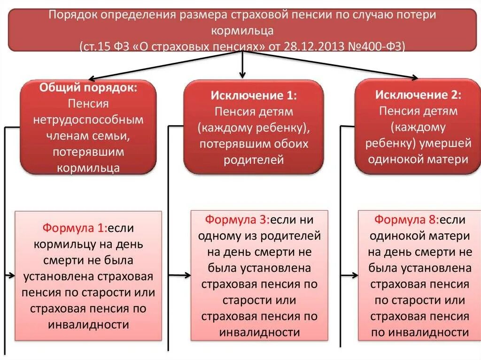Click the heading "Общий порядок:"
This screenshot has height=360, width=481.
coord(88,88)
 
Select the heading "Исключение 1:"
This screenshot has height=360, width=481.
coord(253,95)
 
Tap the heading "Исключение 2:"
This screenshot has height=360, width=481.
coord(418,95)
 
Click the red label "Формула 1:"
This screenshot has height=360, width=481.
coord(74,228)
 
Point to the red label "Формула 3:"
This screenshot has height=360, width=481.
coord(236,219)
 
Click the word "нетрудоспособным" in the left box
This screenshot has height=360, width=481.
coord(88,120)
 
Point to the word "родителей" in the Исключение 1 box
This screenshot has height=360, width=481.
coord(254,159)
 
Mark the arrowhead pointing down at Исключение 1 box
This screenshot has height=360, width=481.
coord(242,75)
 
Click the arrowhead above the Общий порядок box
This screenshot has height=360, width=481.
coord(92,78)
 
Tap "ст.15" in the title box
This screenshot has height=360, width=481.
coord(94,46)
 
